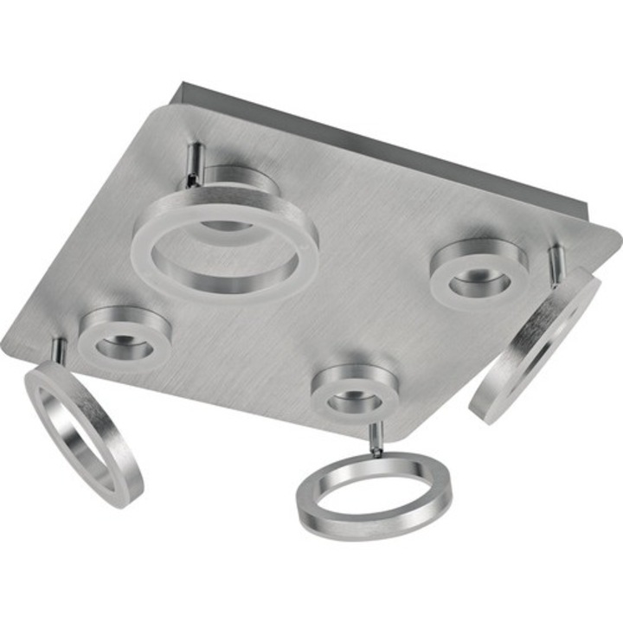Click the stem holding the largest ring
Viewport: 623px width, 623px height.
(x=196, y=161)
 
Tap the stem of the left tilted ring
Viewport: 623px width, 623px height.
(x=59, y=350)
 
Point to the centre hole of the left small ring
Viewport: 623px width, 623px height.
(x=124, y=347)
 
